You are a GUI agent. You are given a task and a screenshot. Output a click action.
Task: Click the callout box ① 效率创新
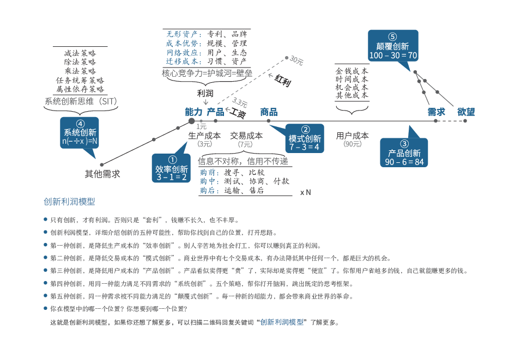point(171,168)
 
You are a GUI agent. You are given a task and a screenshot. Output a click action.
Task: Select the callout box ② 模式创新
point(305,138)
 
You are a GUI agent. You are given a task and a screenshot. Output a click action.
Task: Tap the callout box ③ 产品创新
point(404,152)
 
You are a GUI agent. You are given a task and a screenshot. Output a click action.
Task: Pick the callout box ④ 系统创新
point(80,132)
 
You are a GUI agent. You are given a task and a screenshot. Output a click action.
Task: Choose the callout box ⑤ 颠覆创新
point(393,46)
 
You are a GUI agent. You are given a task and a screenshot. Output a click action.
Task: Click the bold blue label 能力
point(194,112)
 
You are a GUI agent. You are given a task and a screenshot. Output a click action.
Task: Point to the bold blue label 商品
point(269,112)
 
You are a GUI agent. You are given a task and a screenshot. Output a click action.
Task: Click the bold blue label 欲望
point(466,112)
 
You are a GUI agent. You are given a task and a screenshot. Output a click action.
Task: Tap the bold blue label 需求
point(436,112)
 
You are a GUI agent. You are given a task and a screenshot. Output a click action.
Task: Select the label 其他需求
point(102,174)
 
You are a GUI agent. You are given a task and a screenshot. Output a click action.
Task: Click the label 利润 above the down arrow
point(205,94)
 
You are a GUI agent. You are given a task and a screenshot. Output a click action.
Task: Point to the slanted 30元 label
point(296,60)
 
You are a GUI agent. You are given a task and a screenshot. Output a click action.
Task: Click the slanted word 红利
point(282,81)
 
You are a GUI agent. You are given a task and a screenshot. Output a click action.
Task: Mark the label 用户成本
point(352,136)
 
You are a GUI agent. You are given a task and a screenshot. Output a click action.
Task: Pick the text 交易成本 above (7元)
point(246,136)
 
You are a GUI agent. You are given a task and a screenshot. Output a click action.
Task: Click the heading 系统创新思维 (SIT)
point(81,101)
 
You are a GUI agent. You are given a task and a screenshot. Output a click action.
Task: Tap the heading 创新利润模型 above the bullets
point(69,202)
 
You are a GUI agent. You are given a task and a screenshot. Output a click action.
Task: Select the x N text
point(305,193)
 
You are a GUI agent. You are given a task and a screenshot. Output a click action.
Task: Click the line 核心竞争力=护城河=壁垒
point(207,73)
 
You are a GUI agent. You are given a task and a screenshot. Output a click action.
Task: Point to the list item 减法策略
point(80,53)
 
